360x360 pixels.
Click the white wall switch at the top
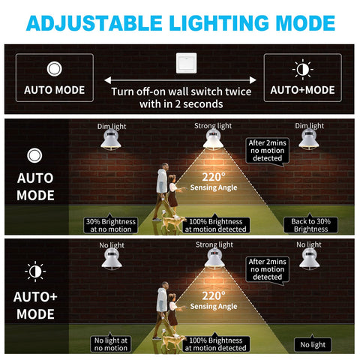[x=186, y=63]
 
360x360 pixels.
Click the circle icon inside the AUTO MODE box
[x=54, y=69]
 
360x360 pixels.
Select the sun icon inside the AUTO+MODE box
[x=303, y=70]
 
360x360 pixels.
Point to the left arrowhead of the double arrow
[x=108, y=80]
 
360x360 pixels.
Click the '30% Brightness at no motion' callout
[x=111, y=225]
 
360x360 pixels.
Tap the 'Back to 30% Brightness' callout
[x=310, y=225]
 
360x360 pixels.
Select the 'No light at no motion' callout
[x=111, y=344]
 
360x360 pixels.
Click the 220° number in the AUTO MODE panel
[x=214, y=177]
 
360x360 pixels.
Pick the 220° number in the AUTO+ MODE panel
[x=214, y=295]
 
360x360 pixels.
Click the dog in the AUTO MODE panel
[x=173, y=223]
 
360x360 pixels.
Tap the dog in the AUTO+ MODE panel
[x=173, y=342]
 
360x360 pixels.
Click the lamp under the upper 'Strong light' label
[x=213, y=139]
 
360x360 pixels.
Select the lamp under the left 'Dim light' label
[x=111, y=140]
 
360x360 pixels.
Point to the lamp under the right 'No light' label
[x=310, y=259]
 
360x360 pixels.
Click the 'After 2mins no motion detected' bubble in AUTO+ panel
[x=267, y=269]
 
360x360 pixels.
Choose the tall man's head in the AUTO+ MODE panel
[x=164, y=286]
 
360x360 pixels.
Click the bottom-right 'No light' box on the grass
[x=313, y=345]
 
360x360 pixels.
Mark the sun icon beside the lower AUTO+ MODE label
[x=35, y=271]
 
